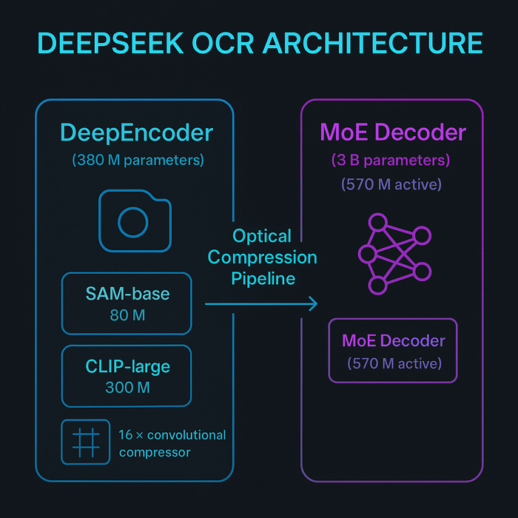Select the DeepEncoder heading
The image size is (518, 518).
click(x=136, y=133)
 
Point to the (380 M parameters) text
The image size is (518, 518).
click(x=138, y=159)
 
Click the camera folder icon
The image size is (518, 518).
click(x=135, y=220)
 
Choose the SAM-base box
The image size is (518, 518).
click(x=127, y=303)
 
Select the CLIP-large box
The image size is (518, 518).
click(x=127, y=376)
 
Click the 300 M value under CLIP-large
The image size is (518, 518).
click(x=127, y=388)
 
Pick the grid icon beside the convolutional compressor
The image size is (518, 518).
click(x=84, y=442)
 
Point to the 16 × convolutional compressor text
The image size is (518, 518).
click(x=172, y=443)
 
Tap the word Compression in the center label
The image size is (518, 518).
click(x=263, y=258)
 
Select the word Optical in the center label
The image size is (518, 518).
click(x=263, y=237)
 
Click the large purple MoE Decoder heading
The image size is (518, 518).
click(x=393, y=133)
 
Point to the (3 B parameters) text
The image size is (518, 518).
click(x=391, y=160)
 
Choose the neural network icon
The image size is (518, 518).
click(x=394, y=254)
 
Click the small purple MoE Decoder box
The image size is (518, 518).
click(x=393, y=350)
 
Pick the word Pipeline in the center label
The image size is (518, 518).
click(x=263, y=278)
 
